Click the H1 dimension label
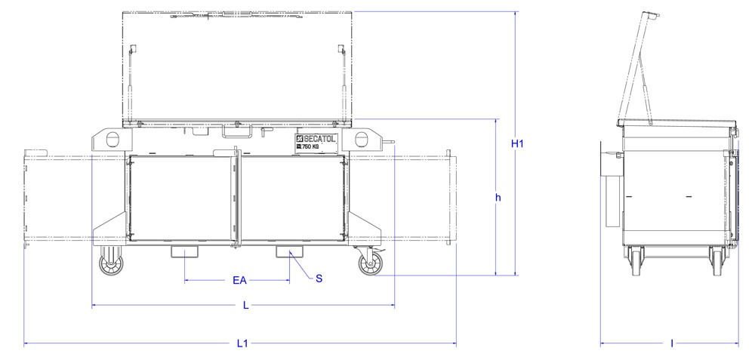517,143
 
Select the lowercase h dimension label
499,197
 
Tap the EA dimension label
240,281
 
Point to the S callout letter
319,278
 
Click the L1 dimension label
242,343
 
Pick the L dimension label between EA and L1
245,305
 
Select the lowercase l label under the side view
671,343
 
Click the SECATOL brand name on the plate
319,139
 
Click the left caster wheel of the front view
111,265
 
